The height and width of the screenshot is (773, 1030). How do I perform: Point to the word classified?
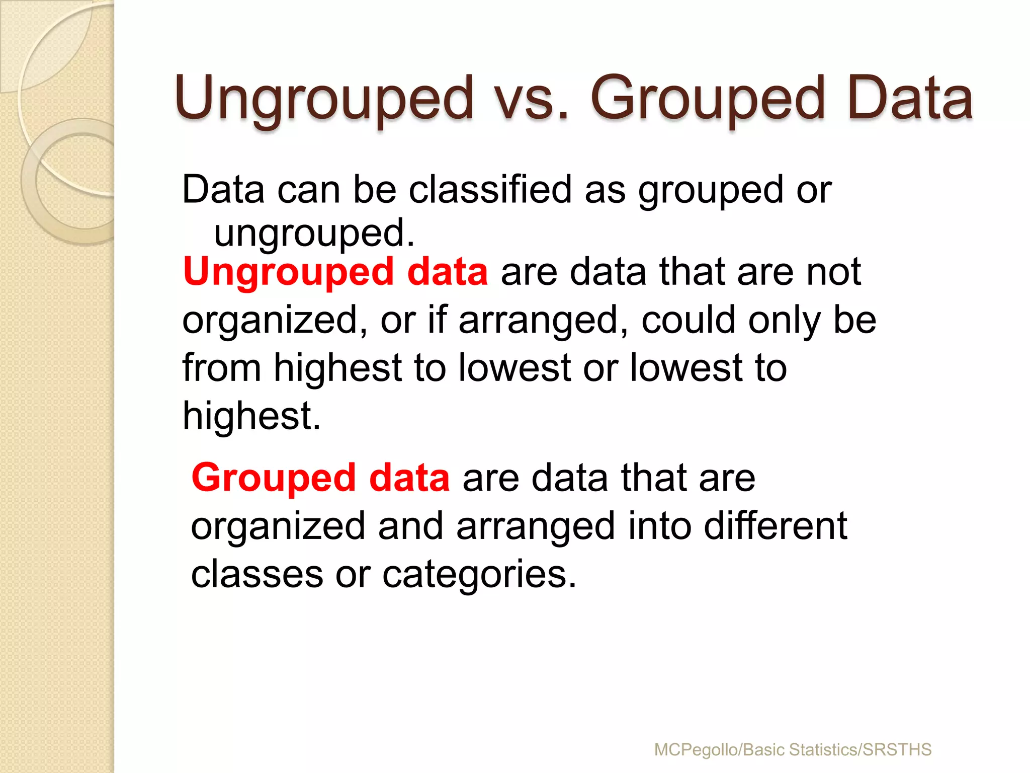coord(490,190)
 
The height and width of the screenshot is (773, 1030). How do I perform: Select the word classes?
coord(257,574)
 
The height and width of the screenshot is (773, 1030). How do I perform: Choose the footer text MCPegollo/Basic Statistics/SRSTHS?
coord(793,750)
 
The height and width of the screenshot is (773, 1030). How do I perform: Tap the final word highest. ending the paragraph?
coord(251,416)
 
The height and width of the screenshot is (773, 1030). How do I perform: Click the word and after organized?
coord(410,525)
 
